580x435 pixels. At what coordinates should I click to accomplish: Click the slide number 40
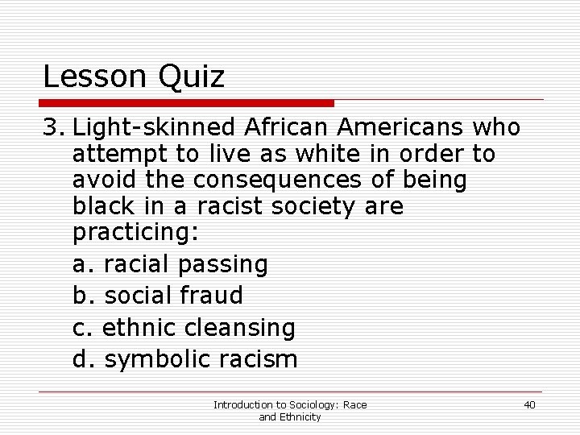point(529,404)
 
